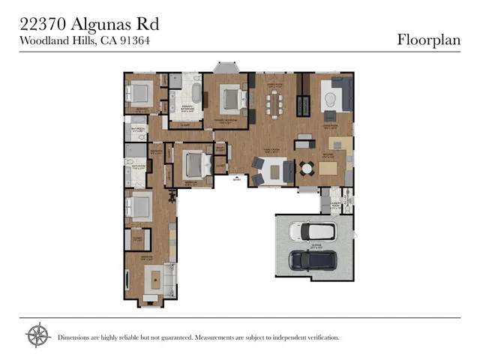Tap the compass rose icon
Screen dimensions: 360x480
click(x=37, y=336)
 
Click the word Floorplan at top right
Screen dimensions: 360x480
click(x=428, y=40)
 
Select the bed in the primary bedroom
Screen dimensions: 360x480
click(x=231, y=97)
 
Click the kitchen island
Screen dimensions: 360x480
click(x=329, y=168)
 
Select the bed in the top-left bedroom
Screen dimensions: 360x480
click(x=139, y=93)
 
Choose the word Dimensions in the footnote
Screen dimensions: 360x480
click(x=77, y=337)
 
